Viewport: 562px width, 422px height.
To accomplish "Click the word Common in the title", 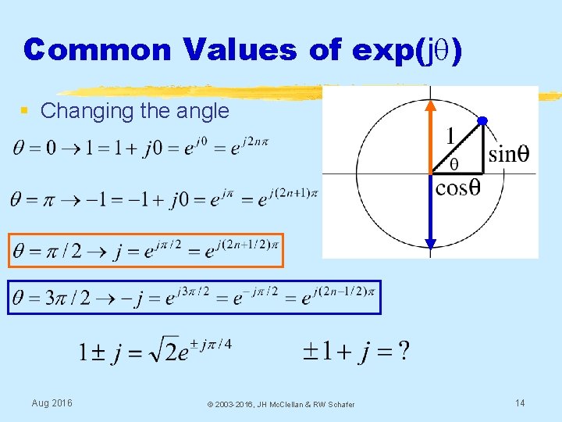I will pos(98,49).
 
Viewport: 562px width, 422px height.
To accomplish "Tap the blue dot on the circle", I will pos(482,120).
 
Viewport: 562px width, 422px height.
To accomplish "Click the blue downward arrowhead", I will pos(431,241).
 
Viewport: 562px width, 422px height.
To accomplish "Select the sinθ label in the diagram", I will pos(508,154).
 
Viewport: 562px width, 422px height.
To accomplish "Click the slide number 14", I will pos(520,402).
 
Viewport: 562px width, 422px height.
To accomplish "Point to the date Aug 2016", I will pos(52,402).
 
